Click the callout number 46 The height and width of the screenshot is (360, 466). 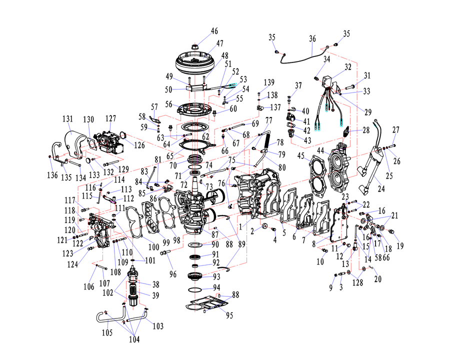click(214, 31)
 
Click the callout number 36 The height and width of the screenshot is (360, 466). click(312, 38)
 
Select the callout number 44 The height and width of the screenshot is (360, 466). click(321, 151)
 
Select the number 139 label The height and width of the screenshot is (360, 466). click(269, 82)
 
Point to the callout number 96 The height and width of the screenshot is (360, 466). click(173, 274)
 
